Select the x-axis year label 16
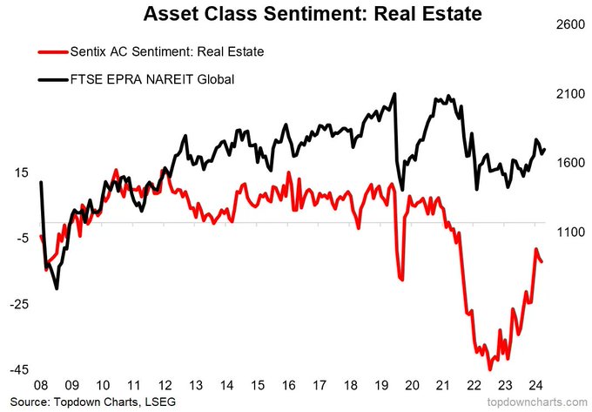[x=287, y=386]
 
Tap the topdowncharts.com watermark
[x=537, y=402]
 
